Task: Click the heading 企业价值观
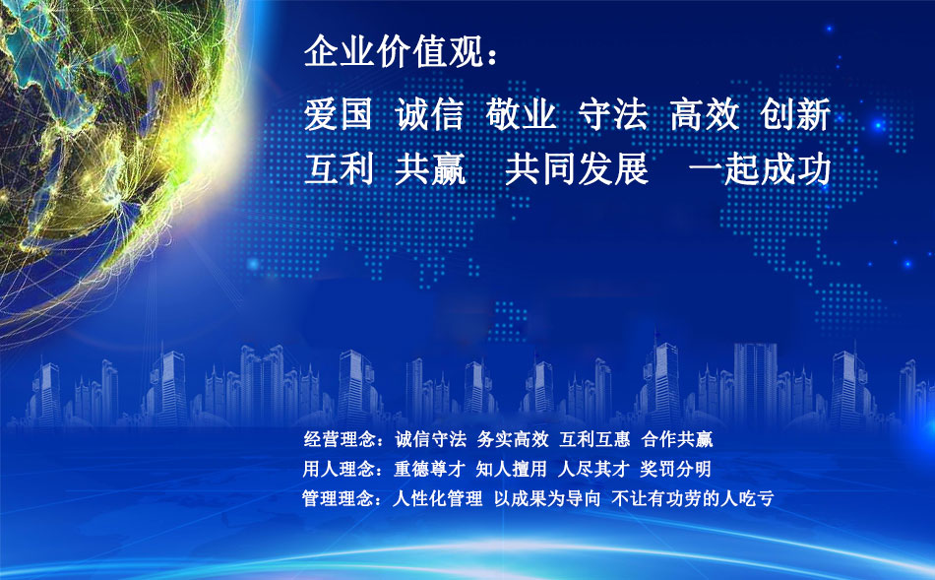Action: (394, 51)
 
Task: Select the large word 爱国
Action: (339, 114)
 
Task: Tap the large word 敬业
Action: (521, 114)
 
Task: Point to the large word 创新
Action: (795, 114)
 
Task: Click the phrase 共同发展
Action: (577, 168)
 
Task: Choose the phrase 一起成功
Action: (760, 168)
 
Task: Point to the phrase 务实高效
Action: (513, 440)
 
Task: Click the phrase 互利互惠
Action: (594, 440)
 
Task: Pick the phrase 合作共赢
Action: (677, 440)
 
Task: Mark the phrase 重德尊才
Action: (429, 469)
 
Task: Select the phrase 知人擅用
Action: (511, 469)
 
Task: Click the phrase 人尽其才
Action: (593, 469)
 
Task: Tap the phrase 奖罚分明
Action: (675, 469)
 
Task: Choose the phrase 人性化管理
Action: (437, 497)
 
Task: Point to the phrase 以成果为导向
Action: (547, 497)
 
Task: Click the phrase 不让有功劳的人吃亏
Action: (693, 497)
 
